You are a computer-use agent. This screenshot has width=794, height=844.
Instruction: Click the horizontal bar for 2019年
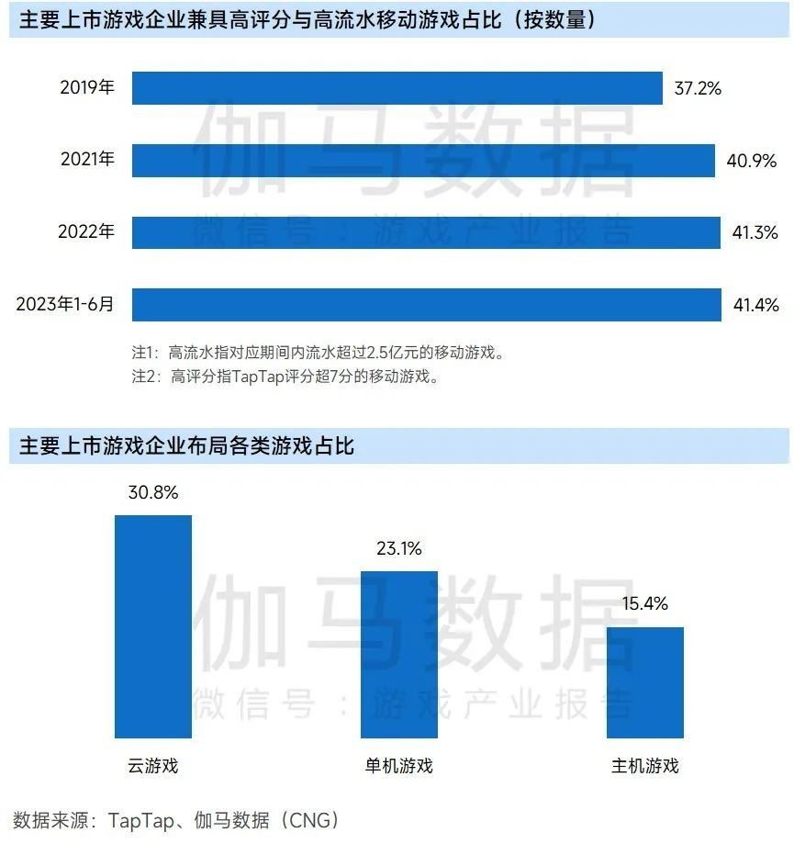pos(397,88)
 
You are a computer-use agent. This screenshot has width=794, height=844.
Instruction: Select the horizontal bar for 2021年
pos(423,160)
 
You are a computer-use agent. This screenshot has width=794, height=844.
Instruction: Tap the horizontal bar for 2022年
pos(426,232)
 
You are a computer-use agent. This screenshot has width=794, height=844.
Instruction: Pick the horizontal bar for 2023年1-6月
pos(426,305)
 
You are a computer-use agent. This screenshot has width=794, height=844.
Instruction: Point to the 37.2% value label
pos(698,88)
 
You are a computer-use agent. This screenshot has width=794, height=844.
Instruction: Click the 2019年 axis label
pos(87,88)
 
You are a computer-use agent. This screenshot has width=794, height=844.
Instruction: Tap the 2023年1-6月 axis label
pos(65,305)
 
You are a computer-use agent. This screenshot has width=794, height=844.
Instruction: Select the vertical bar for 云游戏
pos(153,626)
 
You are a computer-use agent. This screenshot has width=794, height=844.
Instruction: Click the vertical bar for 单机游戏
pos(398,654)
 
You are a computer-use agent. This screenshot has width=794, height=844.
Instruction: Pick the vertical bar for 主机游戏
pos(644,682)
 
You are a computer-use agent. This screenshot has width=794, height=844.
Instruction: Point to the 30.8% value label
pos(153,492)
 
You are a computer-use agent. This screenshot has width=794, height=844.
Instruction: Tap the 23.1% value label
pos(398,549)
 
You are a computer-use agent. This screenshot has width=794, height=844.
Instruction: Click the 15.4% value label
pos(644,604)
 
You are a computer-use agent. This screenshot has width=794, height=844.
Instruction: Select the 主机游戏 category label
pos(644,765)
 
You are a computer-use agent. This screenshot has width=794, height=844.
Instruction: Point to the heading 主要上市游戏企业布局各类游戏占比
pos(187,447)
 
